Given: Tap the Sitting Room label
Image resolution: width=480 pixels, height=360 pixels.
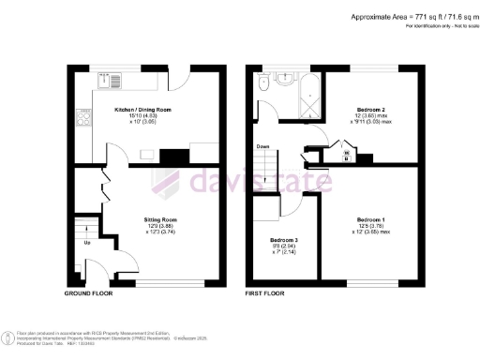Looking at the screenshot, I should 161,219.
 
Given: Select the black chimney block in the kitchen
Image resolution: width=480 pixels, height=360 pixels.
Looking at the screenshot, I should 173,157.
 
